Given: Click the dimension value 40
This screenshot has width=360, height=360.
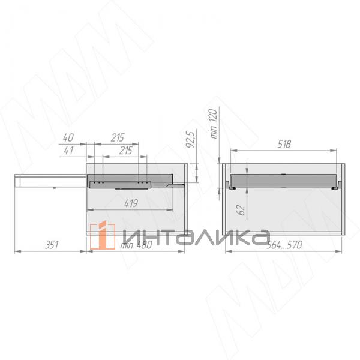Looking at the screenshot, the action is (x=68, y=137).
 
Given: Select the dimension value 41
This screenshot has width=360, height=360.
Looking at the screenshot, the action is (x=68, y=151).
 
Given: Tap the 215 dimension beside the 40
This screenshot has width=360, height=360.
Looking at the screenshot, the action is (x=118, y=137).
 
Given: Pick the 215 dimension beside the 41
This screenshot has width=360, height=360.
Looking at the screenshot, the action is (x=125, y=151).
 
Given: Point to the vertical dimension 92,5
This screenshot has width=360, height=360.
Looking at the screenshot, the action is (x=190, y=138).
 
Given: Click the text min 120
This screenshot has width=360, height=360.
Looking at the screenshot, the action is (x=213, y=124).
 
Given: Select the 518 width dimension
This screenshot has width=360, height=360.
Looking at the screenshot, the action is (x=284, y=144).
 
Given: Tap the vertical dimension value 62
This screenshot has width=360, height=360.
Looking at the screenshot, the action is (x=241, y=210).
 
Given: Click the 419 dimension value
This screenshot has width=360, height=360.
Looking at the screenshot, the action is (x=131, y=203).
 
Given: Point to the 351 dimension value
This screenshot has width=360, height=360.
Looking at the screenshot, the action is (x=52, y=245).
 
